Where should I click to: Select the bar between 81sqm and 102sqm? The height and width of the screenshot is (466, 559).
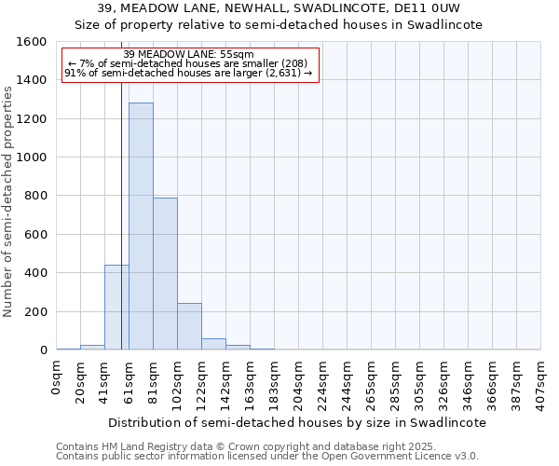pyautogui.click(x=165, y=274)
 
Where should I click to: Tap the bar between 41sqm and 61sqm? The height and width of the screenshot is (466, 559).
pyautogui.click(x=116, y=308)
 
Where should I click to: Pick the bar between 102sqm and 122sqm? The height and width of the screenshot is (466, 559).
pyautogui.click(x=189, y=326)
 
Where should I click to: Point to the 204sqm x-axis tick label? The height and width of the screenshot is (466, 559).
pyautogui.click(x=298, y=379)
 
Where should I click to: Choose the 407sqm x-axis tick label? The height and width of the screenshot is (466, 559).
pyautogui.click(x=540, y=379)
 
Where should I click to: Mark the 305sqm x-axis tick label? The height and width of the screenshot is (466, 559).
pyautogui.click(x=419, y=379)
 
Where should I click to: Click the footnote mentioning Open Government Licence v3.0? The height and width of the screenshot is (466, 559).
pyautogui.click(x=267, y=457)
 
